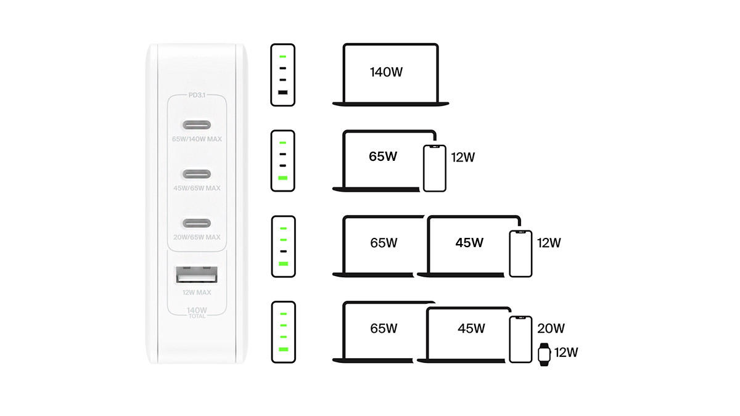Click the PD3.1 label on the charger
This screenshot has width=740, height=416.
197,96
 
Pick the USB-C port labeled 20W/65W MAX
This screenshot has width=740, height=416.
197,222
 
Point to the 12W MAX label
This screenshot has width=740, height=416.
197,292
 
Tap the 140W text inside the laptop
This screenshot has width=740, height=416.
386,72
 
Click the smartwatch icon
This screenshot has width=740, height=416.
544,354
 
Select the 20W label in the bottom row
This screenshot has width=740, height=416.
551,328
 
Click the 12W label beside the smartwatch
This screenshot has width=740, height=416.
565,353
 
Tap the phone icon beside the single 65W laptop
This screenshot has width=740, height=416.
435,168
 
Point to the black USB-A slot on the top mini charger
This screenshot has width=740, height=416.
283,92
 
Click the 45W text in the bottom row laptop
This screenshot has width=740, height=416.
472,328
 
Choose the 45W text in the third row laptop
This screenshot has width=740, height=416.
469,243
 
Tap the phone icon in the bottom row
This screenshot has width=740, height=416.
520,339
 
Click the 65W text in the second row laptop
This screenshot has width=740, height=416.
383,157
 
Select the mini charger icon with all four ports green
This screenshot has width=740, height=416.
283,332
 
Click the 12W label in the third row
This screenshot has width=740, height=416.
548,243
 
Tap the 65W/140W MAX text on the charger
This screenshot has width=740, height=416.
197,139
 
